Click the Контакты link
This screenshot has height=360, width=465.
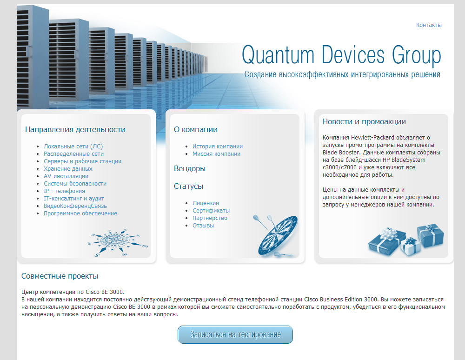[x=429, y=25]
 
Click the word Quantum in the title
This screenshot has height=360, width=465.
[x=278, y=55]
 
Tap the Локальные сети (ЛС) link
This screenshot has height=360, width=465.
[x=73, y=146]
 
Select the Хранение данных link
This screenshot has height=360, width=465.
[x=68, y=168]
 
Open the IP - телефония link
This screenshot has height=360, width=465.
[x=64, y=191]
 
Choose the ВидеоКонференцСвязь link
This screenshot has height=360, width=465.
[x=75, y=206]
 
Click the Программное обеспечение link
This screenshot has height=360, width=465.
[x=80, y=213]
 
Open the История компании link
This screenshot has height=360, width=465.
[x=217, y=146]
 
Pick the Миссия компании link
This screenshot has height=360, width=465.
[x=217, y=153]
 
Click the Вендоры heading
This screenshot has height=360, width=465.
[x=190, y=168]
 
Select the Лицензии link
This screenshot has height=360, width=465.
[x=206, y=203]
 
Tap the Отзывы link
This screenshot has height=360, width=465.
[x=203, y=226]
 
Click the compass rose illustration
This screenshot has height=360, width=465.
[x=118, y=242]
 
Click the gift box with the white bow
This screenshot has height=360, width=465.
[x=386, y=241]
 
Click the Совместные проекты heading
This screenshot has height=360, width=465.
[x=60, y=276]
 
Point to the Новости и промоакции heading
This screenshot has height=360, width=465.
[x=364, y=121]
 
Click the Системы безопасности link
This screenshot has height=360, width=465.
[x=75, y=184]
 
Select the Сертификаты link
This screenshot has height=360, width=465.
[x=211, y=211]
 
